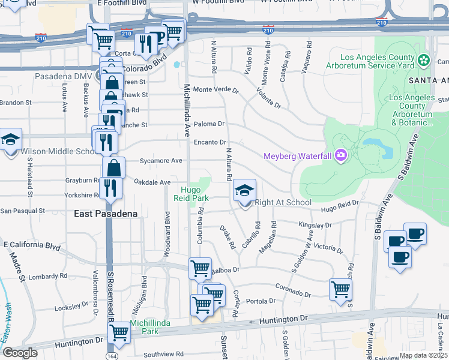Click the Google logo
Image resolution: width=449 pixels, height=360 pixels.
pyautogui.click(x=19, y=353)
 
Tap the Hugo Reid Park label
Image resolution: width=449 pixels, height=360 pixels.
pyautogui.click(x=191, y=193)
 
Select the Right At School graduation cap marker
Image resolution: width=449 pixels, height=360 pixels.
pyautogui.click(x=244, y=192)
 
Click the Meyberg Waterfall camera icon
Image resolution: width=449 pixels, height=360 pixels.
pyautogui.click(x=341, y=157)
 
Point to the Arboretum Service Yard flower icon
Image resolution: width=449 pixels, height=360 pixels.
pyautogui.click(x=424, y=60)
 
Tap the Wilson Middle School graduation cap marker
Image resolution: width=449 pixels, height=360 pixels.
pyautogui.click(x=11, y=140)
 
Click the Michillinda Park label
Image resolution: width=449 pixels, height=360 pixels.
pyautogui.click(x=151, y=327)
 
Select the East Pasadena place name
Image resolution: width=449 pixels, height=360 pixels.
pyautogui.click(x=107, y=214)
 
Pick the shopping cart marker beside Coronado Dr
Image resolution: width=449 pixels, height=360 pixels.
pyautogui.click(x=340, y=290)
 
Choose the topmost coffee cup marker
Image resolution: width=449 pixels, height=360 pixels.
pyautogui.click(x=415, y=234)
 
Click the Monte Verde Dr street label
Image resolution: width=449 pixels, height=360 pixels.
pyautogui.click(x=215, y=91)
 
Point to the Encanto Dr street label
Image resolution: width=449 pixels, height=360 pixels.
pyautogui.click(x=209, y=142)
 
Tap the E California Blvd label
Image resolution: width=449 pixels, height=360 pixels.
pyautogui.click(x=32, y=245)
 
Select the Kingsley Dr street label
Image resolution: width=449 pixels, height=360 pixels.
pyautogui.click(x=315, y=225)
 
